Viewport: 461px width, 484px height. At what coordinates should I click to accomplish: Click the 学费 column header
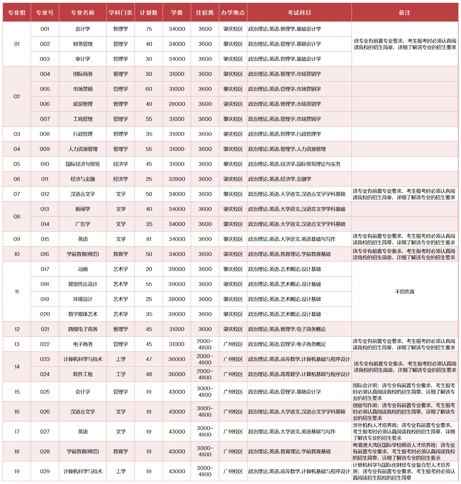177,13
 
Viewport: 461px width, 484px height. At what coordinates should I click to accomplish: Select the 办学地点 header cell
233,13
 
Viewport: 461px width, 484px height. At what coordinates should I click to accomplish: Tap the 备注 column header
404,13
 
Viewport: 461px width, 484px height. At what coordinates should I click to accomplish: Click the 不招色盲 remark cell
404,292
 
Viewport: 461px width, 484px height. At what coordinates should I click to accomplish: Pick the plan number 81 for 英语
149,239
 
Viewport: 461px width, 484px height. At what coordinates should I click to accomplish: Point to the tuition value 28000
177,104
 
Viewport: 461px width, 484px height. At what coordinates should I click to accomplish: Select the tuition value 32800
177,179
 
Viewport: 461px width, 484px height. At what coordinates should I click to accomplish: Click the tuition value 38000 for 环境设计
177,299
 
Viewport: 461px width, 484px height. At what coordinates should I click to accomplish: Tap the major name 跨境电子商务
83,329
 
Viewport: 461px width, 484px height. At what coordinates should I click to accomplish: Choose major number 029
45,471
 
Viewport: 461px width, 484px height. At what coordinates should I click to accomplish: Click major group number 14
17,367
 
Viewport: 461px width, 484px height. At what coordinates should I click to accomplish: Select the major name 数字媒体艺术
83,314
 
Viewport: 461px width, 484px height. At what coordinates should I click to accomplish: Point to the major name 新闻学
83,209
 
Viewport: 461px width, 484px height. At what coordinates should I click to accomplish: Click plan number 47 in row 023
149,359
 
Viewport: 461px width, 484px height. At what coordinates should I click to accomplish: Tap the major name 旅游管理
83,104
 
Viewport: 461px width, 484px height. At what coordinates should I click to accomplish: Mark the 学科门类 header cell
120,13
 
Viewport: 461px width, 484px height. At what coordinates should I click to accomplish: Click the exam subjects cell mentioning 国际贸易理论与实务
294,164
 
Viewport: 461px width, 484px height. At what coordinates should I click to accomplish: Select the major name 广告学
83,224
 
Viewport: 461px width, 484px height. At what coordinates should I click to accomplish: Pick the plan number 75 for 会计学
149,29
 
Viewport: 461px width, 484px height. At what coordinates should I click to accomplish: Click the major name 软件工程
83,374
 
